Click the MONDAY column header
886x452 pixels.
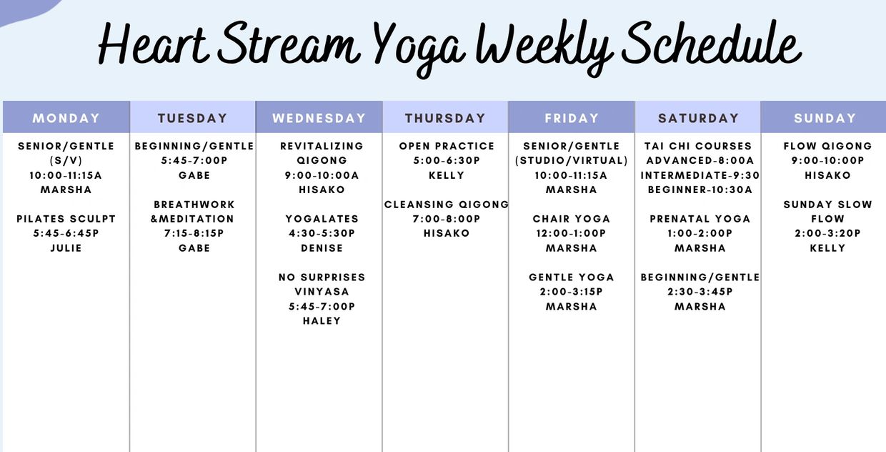(66, 118)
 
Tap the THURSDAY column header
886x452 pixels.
(445, 118)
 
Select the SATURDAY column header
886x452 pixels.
(699, 118)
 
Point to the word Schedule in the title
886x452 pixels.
(711, 44)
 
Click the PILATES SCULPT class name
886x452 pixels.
(66, 219)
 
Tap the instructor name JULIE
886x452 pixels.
(66, 248)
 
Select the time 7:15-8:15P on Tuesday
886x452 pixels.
(194, 234)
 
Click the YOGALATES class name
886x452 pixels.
(322, 219)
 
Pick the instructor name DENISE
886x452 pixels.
(322, 248)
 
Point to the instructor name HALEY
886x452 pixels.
(322, 321)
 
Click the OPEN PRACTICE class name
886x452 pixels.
(447, 146)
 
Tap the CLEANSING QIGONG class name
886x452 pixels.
(447, 205)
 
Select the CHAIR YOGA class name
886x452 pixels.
(572, 219)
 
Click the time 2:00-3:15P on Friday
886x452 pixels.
(572, 292)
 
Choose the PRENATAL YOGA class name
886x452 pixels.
(700, 219)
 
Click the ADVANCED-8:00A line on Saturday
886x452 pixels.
(700, 161)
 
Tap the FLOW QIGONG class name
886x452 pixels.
(828, 146)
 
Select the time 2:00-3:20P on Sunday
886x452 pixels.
(828, 234)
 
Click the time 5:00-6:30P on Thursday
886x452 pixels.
(447, 161)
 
